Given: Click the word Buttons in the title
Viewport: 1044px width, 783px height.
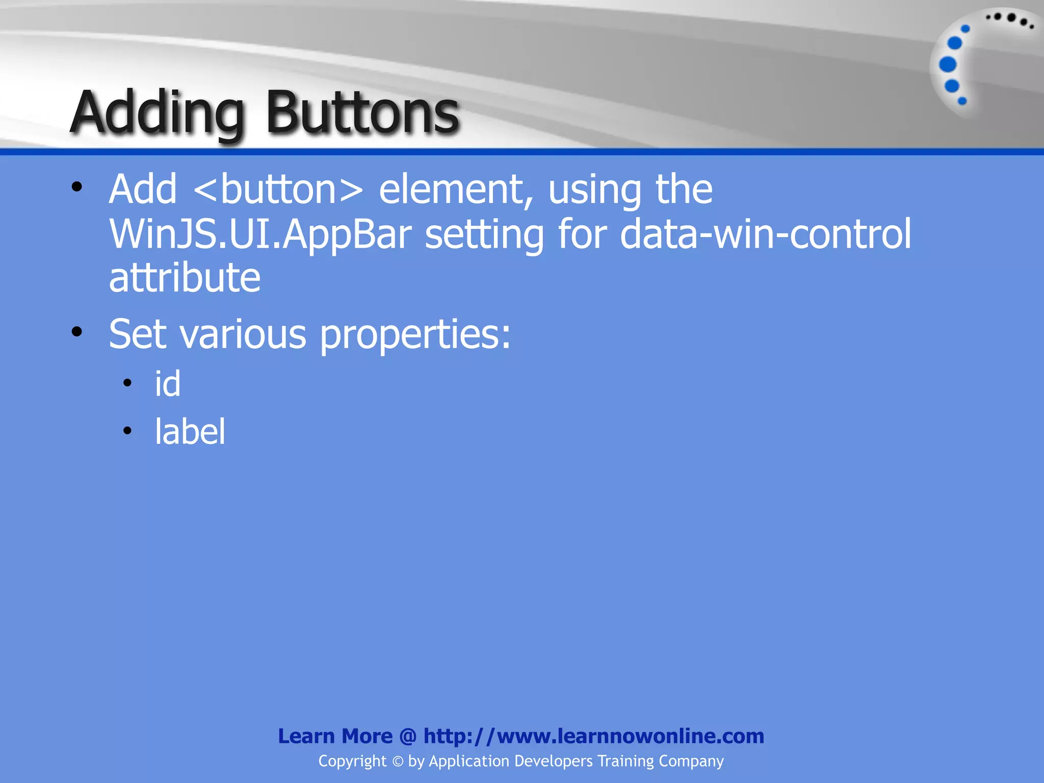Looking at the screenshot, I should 362,113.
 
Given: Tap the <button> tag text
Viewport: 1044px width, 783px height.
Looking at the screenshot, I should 279,190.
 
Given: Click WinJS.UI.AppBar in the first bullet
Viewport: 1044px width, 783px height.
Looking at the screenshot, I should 260,234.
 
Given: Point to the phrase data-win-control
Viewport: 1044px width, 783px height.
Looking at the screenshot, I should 765,234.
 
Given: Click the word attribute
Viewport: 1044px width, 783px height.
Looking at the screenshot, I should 185,278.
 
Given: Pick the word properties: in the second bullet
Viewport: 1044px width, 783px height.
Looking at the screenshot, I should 415,335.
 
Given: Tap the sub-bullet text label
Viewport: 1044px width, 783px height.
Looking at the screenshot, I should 190,432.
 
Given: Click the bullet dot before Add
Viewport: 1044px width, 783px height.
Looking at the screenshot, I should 77,187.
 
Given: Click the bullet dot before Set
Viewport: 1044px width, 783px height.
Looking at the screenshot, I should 77,332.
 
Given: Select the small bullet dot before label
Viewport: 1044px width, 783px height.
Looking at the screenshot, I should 127,431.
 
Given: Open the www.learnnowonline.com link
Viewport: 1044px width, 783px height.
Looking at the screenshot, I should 630,736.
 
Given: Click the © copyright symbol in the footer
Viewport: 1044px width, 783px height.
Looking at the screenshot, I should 398,762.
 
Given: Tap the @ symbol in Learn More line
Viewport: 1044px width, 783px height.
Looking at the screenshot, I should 408,737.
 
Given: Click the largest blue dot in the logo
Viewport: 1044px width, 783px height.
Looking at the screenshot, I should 948,64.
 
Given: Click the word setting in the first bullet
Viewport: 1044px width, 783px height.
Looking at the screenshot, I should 484,234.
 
